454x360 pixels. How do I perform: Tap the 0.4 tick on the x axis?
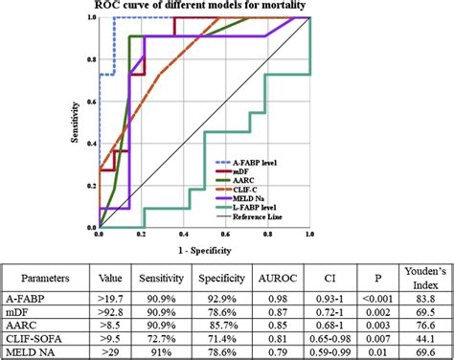point(183,236)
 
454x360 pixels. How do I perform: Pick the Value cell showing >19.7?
point(108,298)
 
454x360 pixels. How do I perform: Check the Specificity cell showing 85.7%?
point(220,325)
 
